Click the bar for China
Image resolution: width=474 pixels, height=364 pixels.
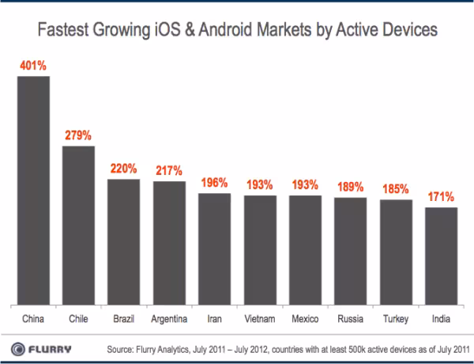(33, 191)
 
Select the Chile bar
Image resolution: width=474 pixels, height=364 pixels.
(78, 226)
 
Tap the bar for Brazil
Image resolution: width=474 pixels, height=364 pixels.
(124, 242)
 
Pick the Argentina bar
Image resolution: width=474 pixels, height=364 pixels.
(169, 243)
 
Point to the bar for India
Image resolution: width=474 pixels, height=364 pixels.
(442, 256)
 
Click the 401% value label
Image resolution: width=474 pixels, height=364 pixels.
(33, 66)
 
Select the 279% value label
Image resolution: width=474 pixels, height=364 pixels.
(78, 135)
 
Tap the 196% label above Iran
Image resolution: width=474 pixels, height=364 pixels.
(214, 183)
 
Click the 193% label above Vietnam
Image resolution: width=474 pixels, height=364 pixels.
(260, 184)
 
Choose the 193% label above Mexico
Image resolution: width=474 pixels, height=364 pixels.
(305, 184)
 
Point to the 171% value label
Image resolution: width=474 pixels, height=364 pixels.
(441, 197)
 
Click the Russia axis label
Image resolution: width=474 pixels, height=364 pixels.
(350, 319)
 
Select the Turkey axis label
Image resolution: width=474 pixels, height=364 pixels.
(396, 319)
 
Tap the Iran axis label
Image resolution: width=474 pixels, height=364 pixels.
(214, 319)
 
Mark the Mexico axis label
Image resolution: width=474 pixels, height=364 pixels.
(305, 319)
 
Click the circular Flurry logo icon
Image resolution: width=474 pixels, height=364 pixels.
(18, 349)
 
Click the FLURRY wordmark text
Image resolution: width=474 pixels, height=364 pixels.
(50, 350)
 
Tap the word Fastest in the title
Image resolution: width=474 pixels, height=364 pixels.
(63, 30)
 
